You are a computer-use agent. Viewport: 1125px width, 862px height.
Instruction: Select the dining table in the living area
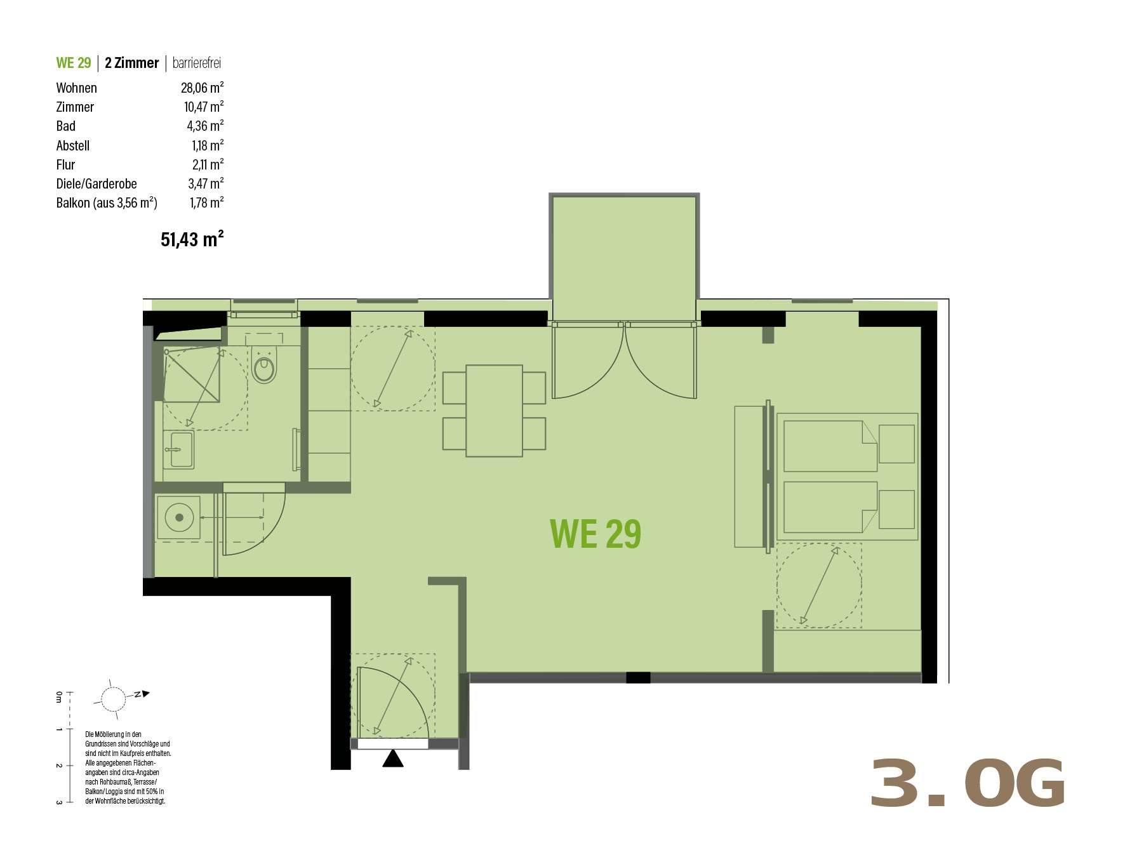point(494,411)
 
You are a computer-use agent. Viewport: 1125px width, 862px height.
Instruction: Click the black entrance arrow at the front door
point(393,758)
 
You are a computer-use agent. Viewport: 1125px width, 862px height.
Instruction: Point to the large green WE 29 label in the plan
point(596,533)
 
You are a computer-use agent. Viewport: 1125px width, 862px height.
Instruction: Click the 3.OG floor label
point(968,783)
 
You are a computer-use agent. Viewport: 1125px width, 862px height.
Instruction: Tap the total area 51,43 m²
point(192,239)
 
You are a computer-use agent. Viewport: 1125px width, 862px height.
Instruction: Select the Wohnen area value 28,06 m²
point(202,88)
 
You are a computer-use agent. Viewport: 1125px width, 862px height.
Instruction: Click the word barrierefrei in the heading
point(197,63)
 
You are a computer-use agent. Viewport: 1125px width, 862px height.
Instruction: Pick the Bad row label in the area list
point(66,126)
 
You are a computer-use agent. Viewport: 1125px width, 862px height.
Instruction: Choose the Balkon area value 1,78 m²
point(206,202)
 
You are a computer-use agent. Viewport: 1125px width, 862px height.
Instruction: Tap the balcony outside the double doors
point(624,258)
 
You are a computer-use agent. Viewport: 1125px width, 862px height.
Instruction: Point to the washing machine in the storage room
point(179,517)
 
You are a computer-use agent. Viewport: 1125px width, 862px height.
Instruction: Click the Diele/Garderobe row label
point(97,183)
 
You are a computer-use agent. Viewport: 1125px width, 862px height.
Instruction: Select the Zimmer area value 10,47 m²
point(204,107)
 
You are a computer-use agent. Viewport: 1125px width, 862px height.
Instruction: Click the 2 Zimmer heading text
point(132,63)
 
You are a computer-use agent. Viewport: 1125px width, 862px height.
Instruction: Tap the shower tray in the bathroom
point(192,375)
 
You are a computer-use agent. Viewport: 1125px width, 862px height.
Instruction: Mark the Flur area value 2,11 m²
point(208,164)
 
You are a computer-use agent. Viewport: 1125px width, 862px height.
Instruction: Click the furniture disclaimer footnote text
point(128,767)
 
